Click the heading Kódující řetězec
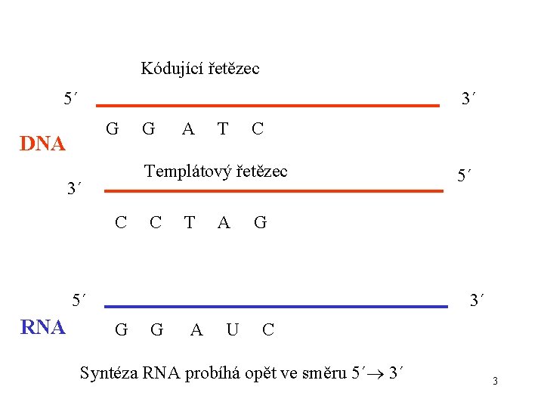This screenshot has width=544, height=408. pyautogui.click(x=200, y=69)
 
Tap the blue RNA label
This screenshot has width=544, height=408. pyautogui.click(x=42, y=327)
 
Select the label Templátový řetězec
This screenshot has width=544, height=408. pyautogui.click(x=216, y=172)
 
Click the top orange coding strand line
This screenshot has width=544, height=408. pyautogui.click(x=268, y=107)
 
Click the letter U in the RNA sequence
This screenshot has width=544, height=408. pyautogui.click(x=233, y=329)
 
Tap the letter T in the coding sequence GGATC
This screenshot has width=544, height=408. pyautogui.click(x=222, y=129)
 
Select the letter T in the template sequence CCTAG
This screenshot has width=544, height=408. pyautogui.click(x=190, y=222)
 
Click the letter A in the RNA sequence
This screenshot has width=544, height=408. pyautogui.click(x=196, y=329)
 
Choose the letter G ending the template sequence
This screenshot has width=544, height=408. pyautogui.click(x=260, y=222)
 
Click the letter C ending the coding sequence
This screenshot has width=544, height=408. pyautogui.click(x=257, y=129)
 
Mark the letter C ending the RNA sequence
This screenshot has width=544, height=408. pyautogui.click(x=268, y=329)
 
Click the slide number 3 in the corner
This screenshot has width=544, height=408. pyautogui.click(x=495, y=381)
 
